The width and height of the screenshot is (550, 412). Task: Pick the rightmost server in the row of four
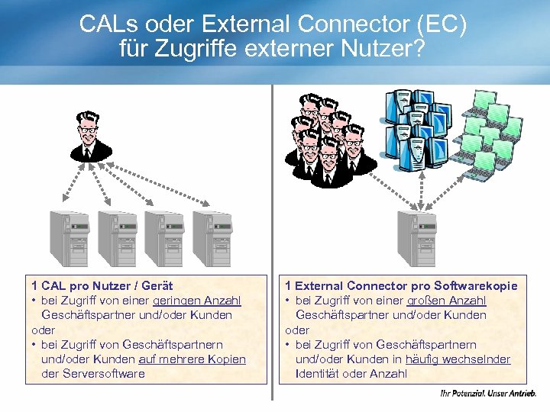point(212,237)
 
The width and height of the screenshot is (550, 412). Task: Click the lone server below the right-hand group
point(416,237)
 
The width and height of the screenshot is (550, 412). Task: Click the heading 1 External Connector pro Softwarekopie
point(401,286)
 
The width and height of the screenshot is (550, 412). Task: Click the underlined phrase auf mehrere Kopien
point(192,359)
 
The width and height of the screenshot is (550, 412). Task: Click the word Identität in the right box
point(320,374)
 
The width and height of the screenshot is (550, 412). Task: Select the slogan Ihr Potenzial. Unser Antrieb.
point(488,394)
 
